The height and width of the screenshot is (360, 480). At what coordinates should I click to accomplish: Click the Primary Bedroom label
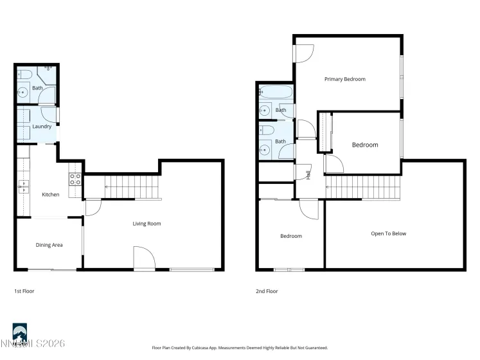[344, 79]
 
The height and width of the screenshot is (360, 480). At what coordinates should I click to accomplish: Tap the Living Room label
[147, 224]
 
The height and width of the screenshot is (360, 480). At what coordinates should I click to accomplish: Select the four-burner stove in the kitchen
[75, 179]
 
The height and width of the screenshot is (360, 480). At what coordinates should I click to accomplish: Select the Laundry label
[42, 127]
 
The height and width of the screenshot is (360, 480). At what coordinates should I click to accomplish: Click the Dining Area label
[49, 245]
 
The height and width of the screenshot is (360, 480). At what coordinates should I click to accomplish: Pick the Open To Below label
[389, 233]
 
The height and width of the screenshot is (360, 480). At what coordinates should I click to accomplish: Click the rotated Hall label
[308, 173]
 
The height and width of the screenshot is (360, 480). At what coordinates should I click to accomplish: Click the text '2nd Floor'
[267, 291]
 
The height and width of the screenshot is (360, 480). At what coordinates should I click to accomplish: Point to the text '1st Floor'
[24, 291]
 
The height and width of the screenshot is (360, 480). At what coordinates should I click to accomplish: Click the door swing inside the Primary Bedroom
[305, 55]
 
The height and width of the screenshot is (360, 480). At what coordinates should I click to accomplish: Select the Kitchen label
[51, 195]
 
